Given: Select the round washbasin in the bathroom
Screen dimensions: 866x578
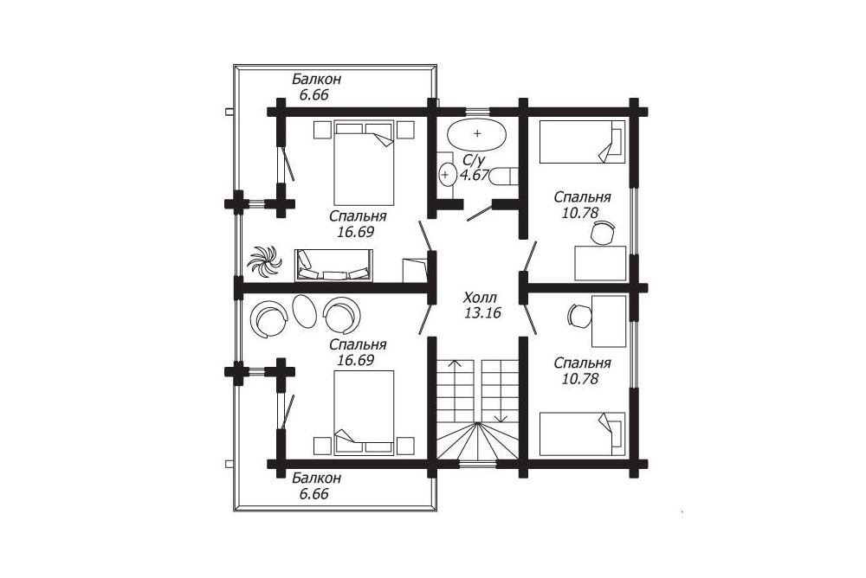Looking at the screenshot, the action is (446, 175).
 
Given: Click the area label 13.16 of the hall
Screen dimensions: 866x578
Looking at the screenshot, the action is (482, 313).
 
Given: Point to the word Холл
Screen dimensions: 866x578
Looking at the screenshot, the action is (481, 298).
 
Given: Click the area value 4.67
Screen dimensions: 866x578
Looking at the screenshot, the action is (475, 176).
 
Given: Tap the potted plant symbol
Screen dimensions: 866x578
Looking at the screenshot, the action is (264, 260).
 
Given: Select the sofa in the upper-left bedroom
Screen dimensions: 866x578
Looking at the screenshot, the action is (333, 266).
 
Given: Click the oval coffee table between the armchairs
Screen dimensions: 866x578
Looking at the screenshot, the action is (303, 311).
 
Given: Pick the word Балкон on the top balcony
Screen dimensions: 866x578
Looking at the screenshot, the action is (316, 79).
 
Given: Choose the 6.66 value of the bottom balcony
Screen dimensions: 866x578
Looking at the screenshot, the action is (313, 493).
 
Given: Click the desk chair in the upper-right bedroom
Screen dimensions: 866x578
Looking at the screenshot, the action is (603, 233).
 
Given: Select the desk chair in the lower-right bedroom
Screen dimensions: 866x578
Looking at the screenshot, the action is (579, 316).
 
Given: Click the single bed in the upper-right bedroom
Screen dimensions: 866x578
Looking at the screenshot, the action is (582, 142).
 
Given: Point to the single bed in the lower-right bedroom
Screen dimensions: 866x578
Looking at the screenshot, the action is (582, 433).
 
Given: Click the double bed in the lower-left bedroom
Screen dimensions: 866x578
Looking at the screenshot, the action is (364, 413).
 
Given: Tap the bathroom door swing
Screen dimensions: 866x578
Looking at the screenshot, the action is (480, 214).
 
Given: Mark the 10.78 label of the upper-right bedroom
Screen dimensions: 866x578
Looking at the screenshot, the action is (580, 213).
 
